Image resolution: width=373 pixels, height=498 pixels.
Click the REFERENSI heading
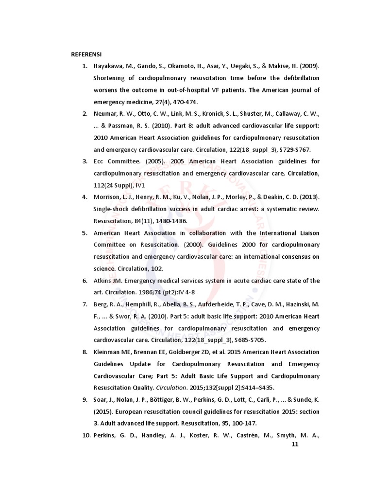86,54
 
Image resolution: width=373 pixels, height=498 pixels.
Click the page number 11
294,444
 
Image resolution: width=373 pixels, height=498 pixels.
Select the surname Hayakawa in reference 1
109,66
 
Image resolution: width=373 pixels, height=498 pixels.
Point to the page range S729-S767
294,150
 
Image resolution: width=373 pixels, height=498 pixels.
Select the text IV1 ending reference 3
141,185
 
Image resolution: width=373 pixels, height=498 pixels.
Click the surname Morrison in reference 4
107,197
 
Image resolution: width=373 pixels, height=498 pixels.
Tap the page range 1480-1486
171,221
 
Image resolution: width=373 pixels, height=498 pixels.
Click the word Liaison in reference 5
306,232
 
